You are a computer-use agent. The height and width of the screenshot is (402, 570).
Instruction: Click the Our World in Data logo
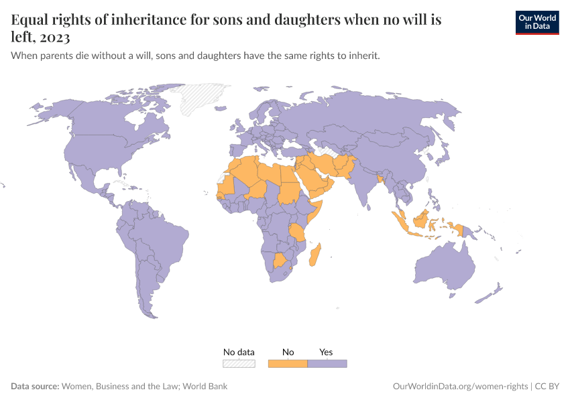536,21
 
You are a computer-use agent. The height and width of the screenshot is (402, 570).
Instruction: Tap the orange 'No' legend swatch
288,364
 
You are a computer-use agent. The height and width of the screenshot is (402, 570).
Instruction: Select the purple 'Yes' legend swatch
327,364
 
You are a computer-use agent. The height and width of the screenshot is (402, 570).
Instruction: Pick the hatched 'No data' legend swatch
239,364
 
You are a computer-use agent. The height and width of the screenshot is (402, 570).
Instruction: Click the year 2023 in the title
54,37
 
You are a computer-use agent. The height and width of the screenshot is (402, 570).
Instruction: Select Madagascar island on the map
317,256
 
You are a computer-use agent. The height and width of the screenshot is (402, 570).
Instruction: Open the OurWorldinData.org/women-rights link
460,387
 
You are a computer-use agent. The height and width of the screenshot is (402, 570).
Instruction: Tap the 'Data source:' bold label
35,387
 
